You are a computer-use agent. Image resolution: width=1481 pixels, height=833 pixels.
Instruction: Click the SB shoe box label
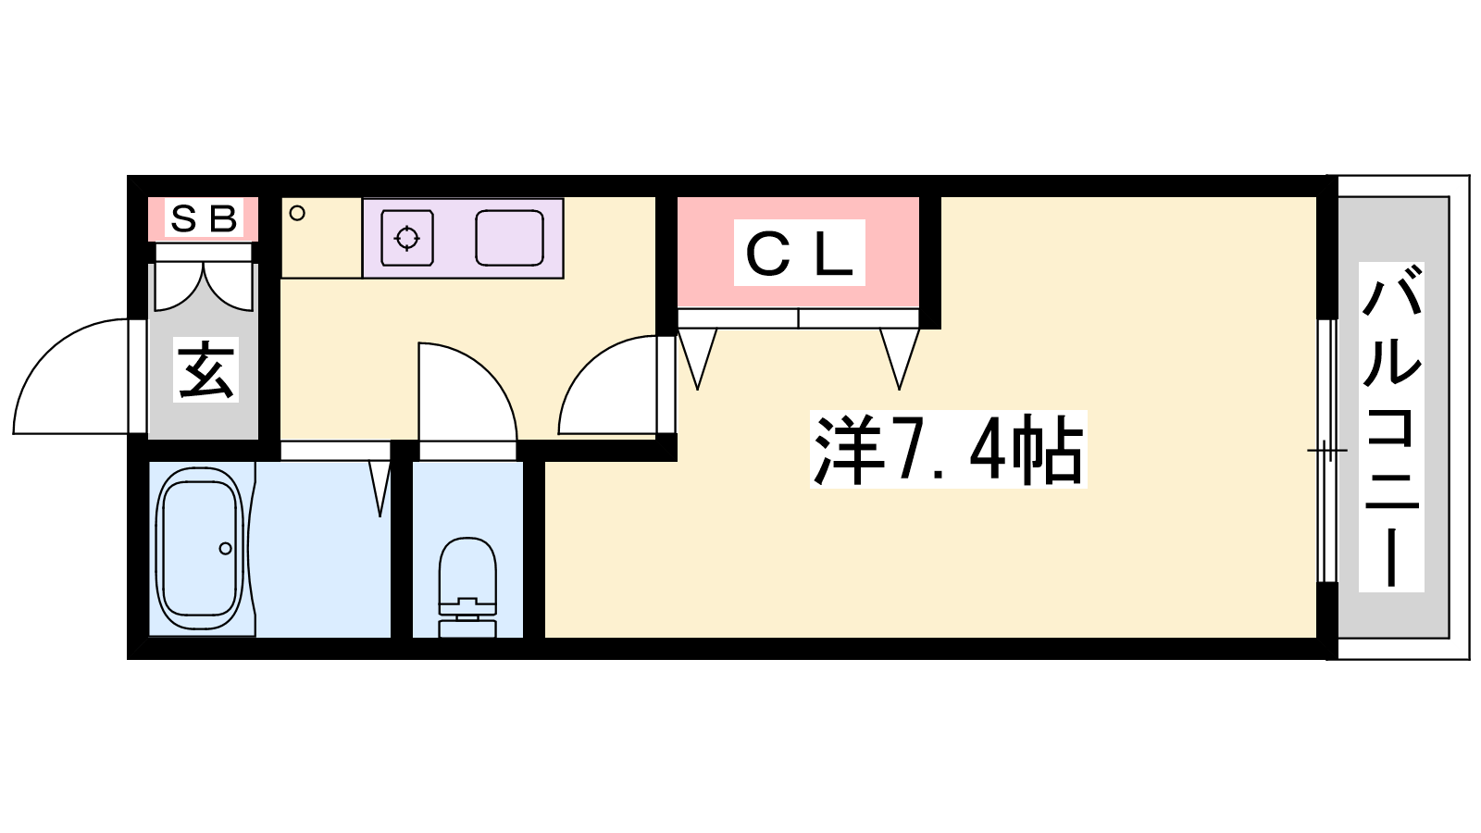(204, 218)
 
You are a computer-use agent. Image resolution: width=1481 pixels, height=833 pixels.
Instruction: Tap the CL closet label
(799, 253)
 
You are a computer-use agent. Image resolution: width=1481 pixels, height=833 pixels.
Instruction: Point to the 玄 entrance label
(205, 369)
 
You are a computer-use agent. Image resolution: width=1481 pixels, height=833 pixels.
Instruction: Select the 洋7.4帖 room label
(948, 449)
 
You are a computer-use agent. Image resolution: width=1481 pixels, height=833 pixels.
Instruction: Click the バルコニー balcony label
(1391, 427)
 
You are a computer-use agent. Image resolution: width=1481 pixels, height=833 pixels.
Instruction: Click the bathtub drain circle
(226, 548)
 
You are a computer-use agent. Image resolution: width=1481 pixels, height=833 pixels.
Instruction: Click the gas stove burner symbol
(406, 238)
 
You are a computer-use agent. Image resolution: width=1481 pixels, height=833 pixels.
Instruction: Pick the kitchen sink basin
(509, 238)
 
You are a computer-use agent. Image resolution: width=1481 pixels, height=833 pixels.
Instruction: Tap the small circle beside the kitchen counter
(297, 213)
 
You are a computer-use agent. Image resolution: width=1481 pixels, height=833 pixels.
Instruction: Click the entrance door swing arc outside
(70, 376)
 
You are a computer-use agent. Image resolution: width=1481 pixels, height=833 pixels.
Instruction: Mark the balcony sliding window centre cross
(1326, 451)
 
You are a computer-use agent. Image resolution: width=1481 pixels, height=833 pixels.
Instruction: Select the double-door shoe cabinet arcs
(204, 287)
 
